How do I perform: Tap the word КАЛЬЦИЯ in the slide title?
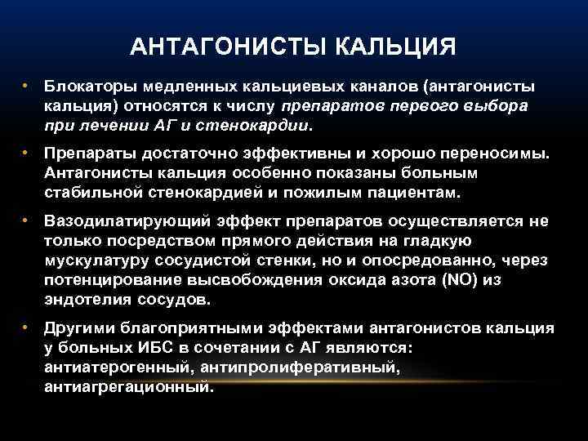click(x=392, y=46)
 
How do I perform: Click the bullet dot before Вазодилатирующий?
click(x=28, y=220)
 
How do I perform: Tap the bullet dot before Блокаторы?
click(x=28, y=86)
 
